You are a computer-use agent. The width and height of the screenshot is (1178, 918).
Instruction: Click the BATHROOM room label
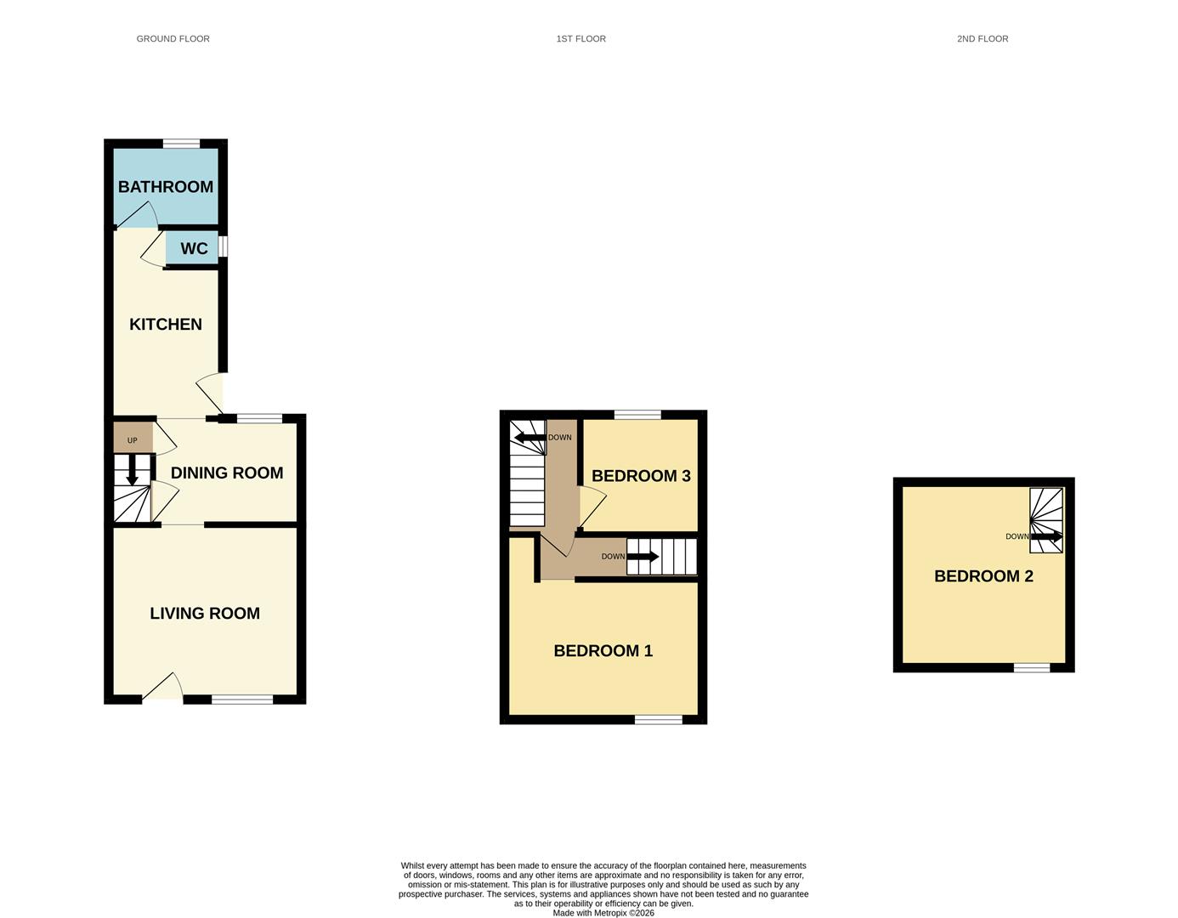coord(166,187)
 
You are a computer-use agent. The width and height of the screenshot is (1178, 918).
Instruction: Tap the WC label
coord(194,249)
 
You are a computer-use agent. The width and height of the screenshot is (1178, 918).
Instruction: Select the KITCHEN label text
coord(166,325)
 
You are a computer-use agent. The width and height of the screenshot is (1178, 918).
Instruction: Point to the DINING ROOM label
coord(227,473)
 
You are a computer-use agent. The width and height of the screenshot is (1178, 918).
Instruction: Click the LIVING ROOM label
coord(205,614)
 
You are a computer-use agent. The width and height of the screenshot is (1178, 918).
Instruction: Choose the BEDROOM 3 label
coord(641,476)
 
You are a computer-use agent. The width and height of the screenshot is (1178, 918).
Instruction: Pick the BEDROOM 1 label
coord(603,651)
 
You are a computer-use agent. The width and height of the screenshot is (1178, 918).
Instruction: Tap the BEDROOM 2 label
coord(983,576)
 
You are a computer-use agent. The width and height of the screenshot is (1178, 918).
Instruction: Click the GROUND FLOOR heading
coord(173,39)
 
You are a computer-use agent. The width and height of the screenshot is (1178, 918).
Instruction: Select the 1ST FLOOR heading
coord(581,39)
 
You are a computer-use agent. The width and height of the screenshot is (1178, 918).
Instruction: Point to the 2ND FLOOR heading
coord(983,39)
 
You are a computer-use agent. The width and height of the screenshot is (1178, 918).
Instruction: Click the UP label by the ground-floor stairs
coord(133,440)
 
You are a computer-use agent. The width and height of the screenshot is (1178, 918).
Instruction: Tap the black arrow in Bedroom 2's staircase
coord(1046,537)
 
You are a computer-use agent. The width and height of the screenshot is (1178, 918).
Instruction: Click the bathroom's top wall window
coord(181,144)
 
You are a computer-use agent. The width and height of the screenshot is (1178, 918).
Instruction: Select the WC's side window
coord(223,246)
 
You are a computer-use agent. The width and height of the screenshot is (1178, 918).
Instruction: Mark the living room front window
coord(242,700)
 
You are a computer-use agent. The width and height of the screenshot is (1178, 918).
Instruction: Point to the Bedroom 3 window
coord(638,415)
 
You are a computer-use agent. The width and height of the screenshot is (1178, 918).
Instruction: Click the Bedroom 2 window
coord(1032,668)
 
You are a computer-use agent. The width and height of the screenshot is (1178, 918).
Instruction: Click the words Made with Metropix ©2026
coord(603,913)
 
